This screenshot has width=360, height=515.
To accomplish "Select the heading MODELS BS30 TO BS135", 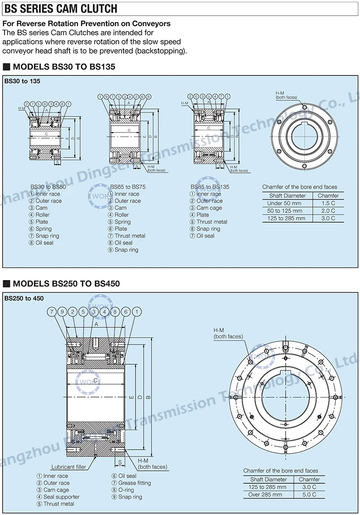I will pos(64,67).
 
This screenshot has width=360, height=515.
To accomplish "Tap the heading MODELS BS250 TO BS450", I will pos(66,284).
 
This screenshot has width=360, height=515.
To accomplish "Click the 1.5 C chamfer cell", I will pos(328,203).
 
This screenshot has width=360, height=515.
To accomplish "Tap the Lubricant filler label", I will pos(68,467).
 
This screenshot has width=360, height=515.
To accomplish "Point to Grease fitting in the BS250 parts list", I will pos(134,483).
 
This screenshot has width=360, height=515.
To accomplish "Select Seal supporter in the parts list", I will pos(61,497).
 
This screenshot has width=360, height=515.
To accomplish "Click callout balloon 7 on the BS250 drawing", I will pos(52,312).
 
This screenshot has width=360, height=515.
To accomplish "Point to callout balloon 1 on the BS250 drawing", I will pos(137,312).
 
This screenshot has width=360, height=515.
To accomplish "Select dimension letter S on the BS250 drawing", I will pos(120,462).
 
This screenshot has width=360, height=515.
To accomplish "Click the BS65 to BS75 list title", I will pos(128,186).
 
